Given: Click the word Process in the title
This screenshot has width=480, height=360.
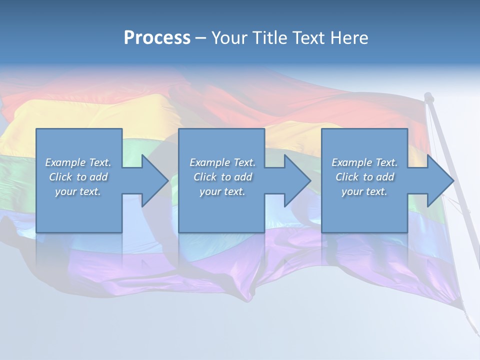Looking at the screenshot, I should [x=157, y=38].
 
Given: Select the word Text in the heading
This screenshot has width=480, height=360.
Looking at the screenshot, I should [x=308, y=38].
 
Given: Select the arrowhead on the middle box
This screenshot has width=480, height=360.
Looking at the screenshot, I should [x=296, y=180].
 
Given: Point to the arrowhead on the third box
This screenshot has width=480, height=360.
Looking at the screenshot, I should [x=439, y=180].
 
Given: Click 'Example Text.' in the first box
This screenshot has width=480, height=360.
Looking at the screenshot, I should [x=78, y=162].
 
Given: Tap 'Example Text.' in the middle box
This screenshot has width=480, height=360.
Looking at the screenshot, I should [x=222, y=162].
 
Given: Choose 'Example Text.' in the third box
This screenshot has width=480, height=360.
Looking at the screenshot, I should [x=364, y=162].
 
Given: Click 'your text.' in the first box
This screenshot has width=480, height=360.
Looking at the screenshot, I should [x=78, y=191].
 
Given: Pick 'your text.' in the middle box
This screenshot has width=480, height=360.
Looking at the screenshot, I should [x=222, y=191].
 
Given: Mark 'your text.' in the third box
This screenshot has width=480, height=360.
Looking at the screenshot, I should [x=364, y=191].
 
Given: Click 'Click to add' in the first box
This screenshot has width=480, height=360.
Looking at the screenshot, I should [x=78, y=177].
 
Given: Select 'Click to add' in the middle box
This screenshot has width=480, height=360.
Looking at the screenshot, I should [x=222, y=177].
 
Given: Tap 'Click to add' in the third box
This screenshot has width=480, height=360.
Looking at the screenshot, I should [x=364, y=177].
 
